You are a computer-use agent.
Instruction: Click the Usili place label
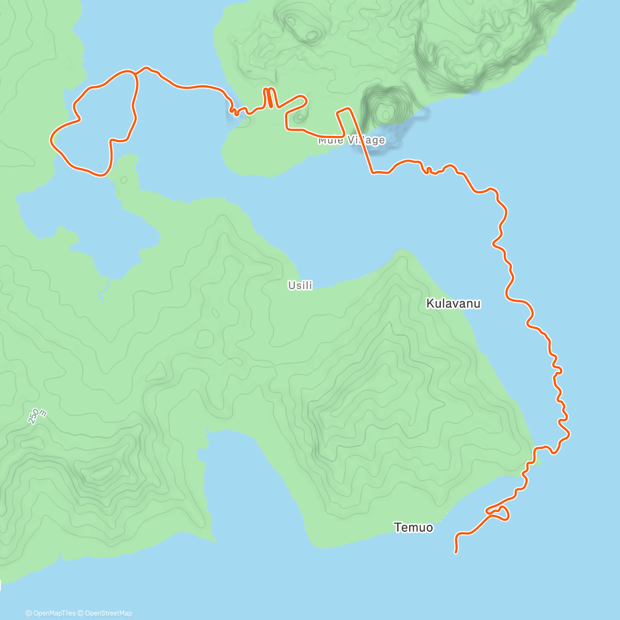coord(300,285)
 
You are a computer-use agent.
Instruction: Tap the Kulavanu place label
coord(453,303)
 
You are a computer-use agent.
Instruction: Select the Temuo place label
coord(413,528)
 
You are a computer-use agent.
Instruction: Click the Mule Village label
coord(351,140)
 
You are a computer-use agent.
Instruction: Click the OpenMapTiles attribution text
coord(51,613)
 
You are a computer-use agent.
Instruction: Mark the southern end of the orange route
coord(456,552)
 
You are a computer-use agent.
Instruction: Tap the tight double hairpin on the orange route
coord(270,98)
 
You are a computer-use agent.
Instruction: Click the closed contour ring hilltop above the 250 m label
coord(101,471)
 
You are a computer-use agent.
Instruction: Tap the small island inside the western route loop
coord(125,180)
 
